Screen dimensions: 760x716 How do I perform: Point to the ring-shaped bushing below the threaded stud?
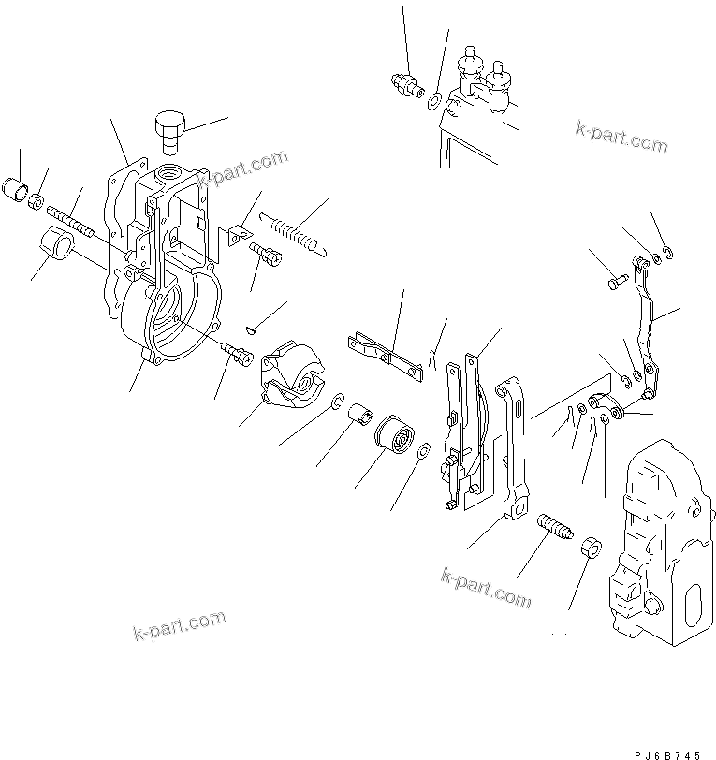coord(59,248)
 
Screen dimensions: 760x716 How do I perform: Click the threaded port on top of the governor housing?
coord(174,174)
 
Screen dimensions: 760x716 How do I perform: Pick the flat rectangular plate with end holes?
coord(384,357)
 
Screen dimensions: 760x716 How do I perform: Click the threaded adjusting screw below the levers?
coord(554,531)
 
